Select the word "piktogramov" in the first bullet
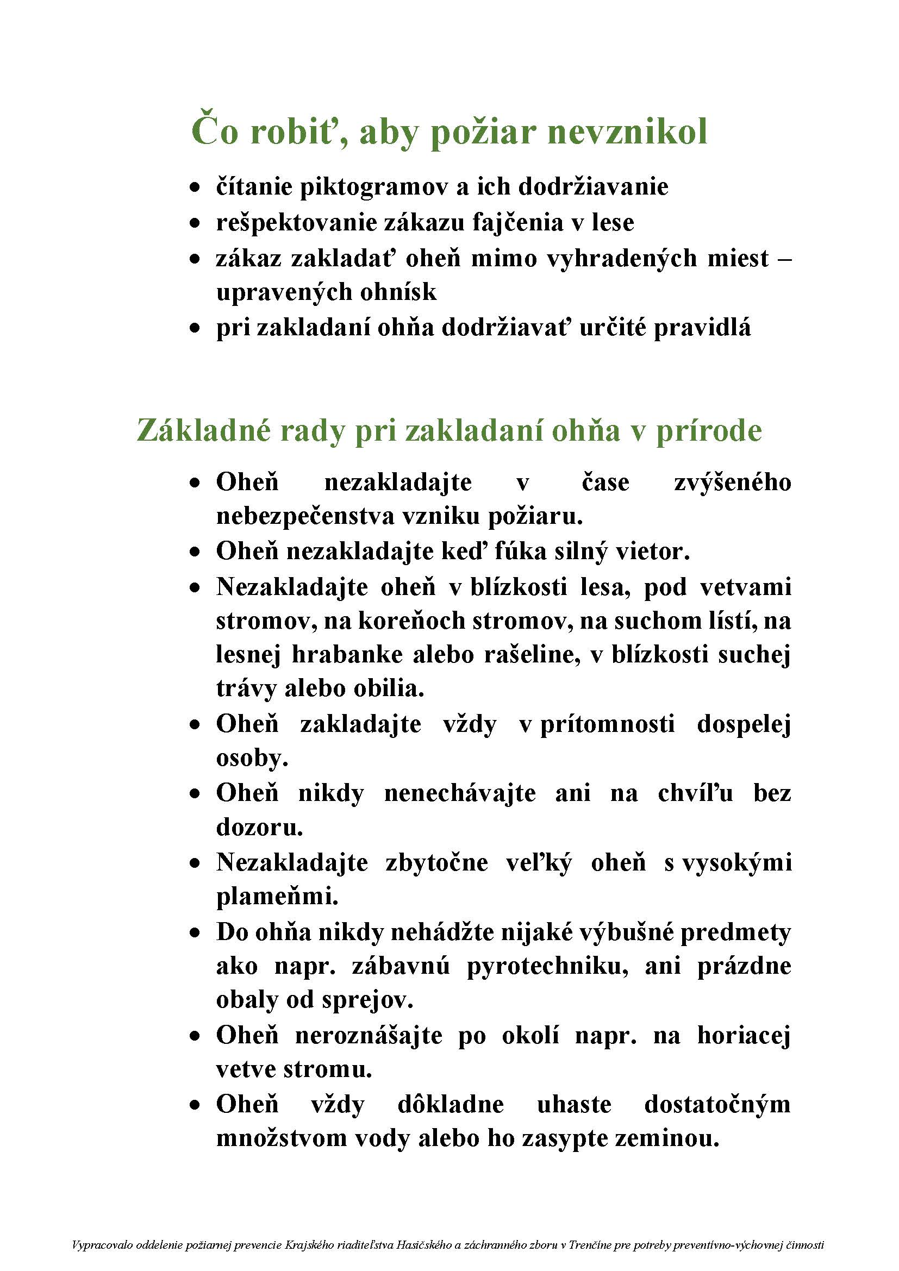[373, 187]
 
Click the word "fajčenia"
[517, 223]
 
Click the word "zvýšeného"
[732, 483]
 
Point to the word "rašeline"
[532, 655]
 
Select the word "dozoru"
[258, 828]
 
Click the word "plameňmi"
[277, 896]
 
